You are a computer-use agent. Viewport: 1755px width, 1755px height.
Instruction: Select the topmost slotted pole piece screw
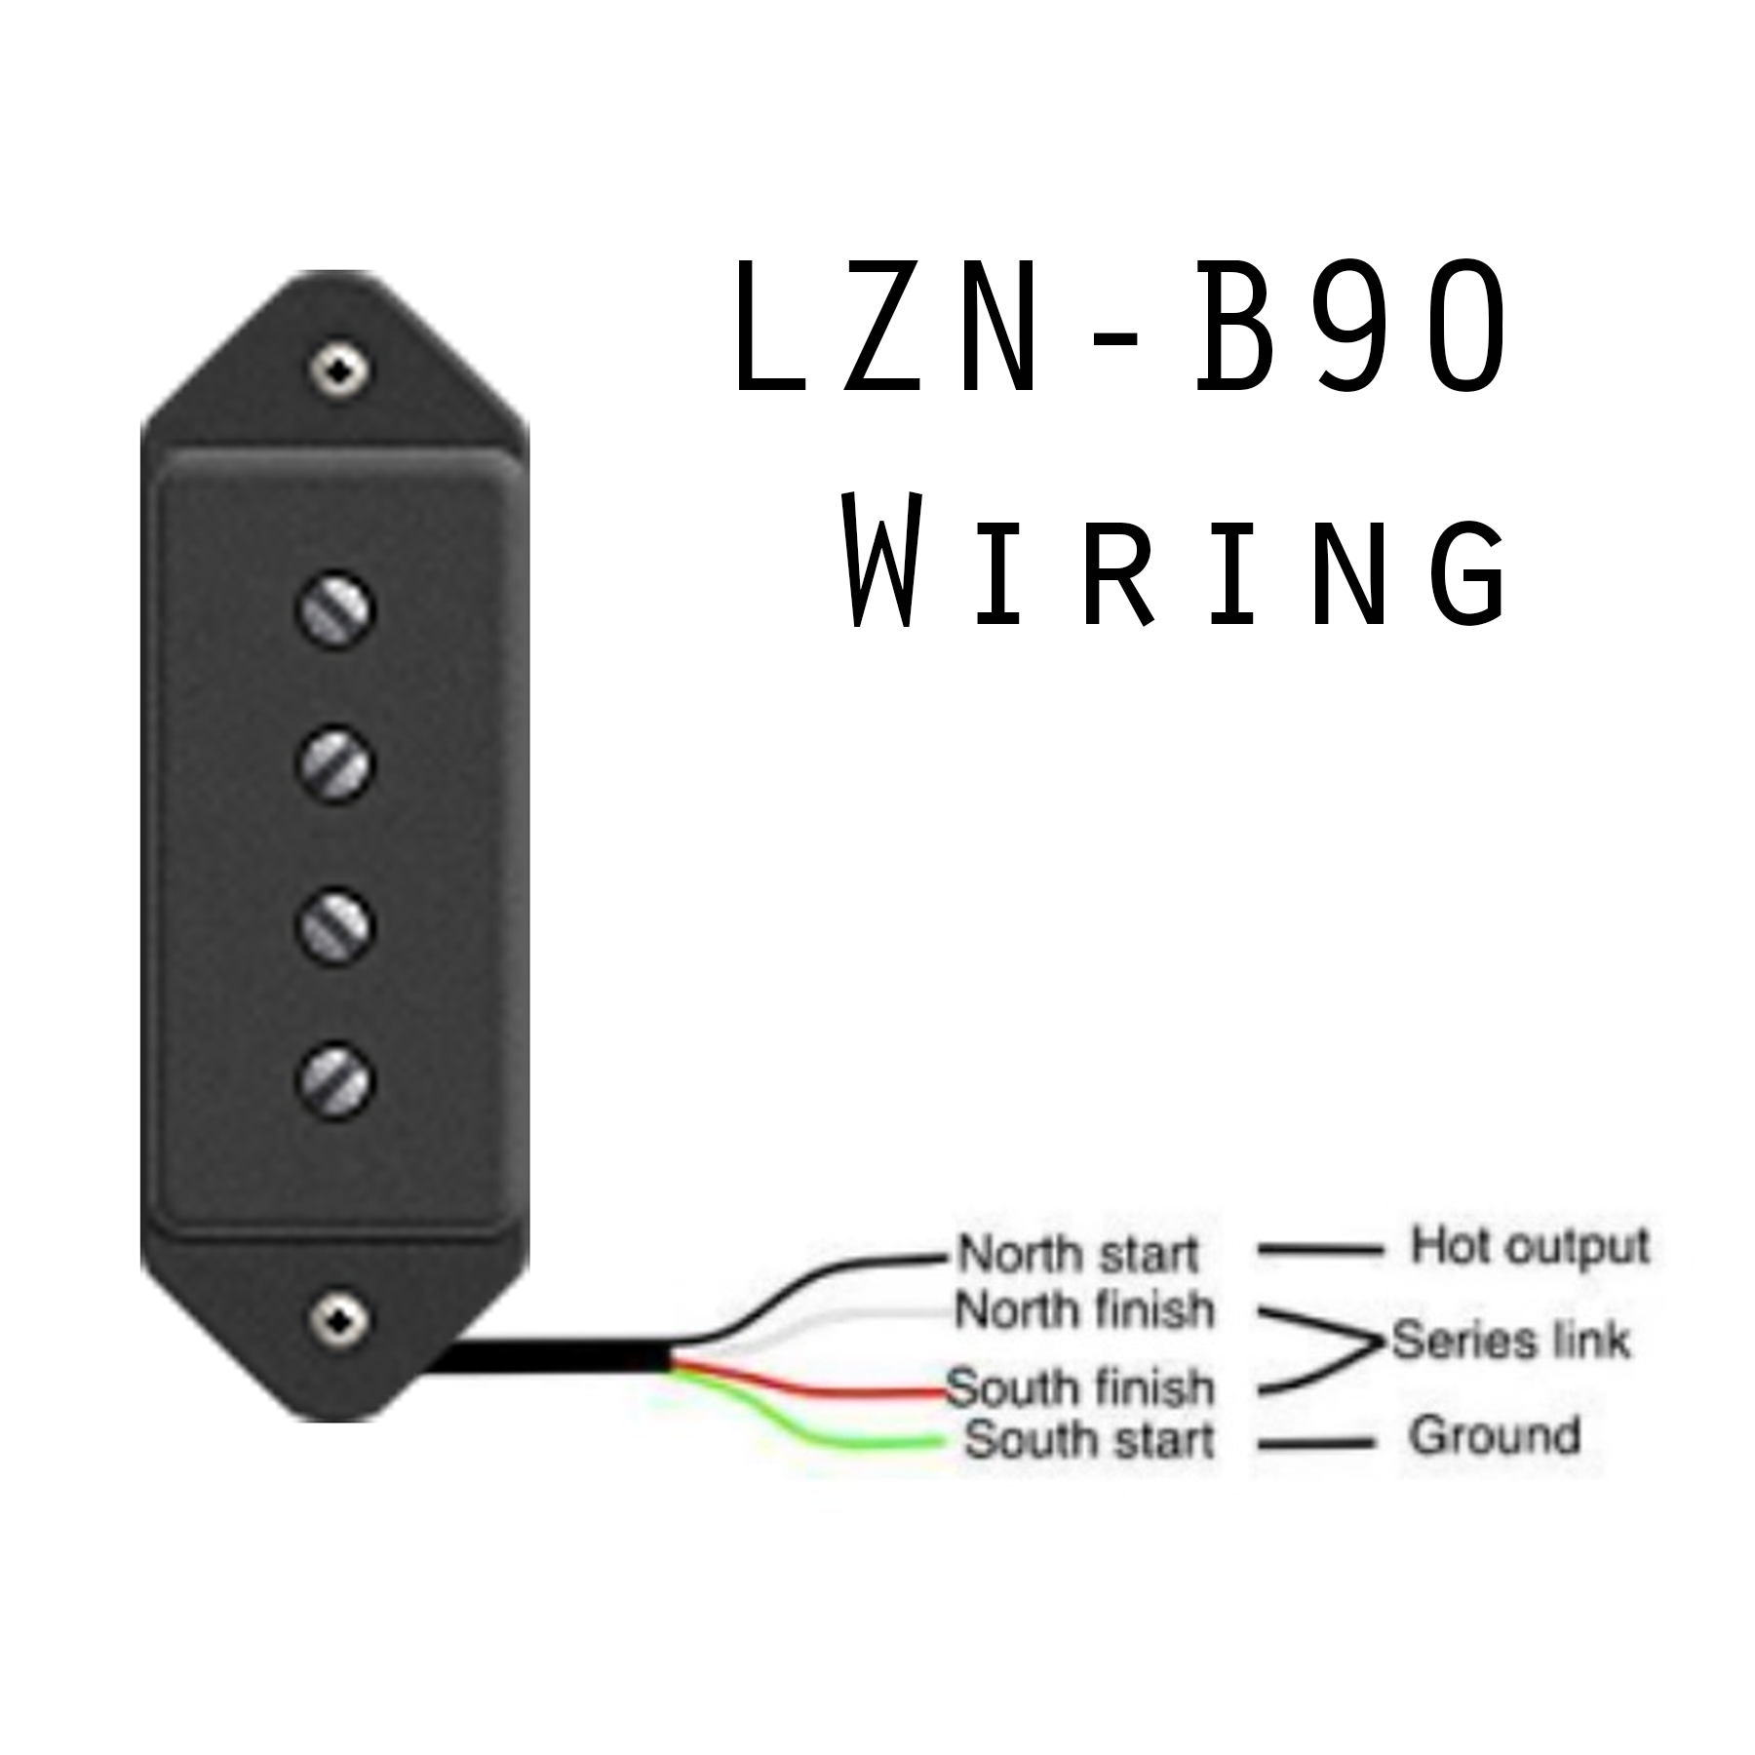(x=334, y=609)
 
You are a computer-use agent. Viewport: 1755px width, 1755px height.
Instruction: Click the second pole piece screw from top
(x=334, y=763)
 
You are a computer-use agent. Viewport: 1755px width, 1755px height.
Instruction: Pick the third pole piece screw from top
(x=334, y=923)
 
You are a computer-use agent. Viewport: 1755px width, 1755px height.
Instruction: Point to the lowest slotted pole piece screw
(x=334, y=1080)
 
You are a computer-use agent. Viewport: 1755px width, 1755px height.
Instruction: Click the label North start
(x=1077, y=1254)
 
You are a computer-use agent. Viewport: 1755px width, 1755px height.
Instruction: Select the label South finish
(x=1080, y=1386)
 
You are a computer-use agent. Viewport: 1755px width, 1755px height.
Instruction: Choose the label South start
(x=1089, y=1439)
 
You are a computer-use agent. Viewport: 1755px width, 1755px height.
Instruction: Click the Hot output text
(x=1530, y=1245)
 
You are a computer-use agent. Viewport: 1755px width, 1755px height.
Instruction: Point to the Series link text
(x=1510, y=1341)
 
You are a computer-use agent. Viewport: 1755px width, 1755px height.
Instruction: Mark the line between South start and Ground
(x=1315, y=1443)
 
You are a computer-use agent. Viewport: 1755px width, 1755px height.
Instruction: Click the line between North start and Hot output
(x=1320, y=1249)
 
